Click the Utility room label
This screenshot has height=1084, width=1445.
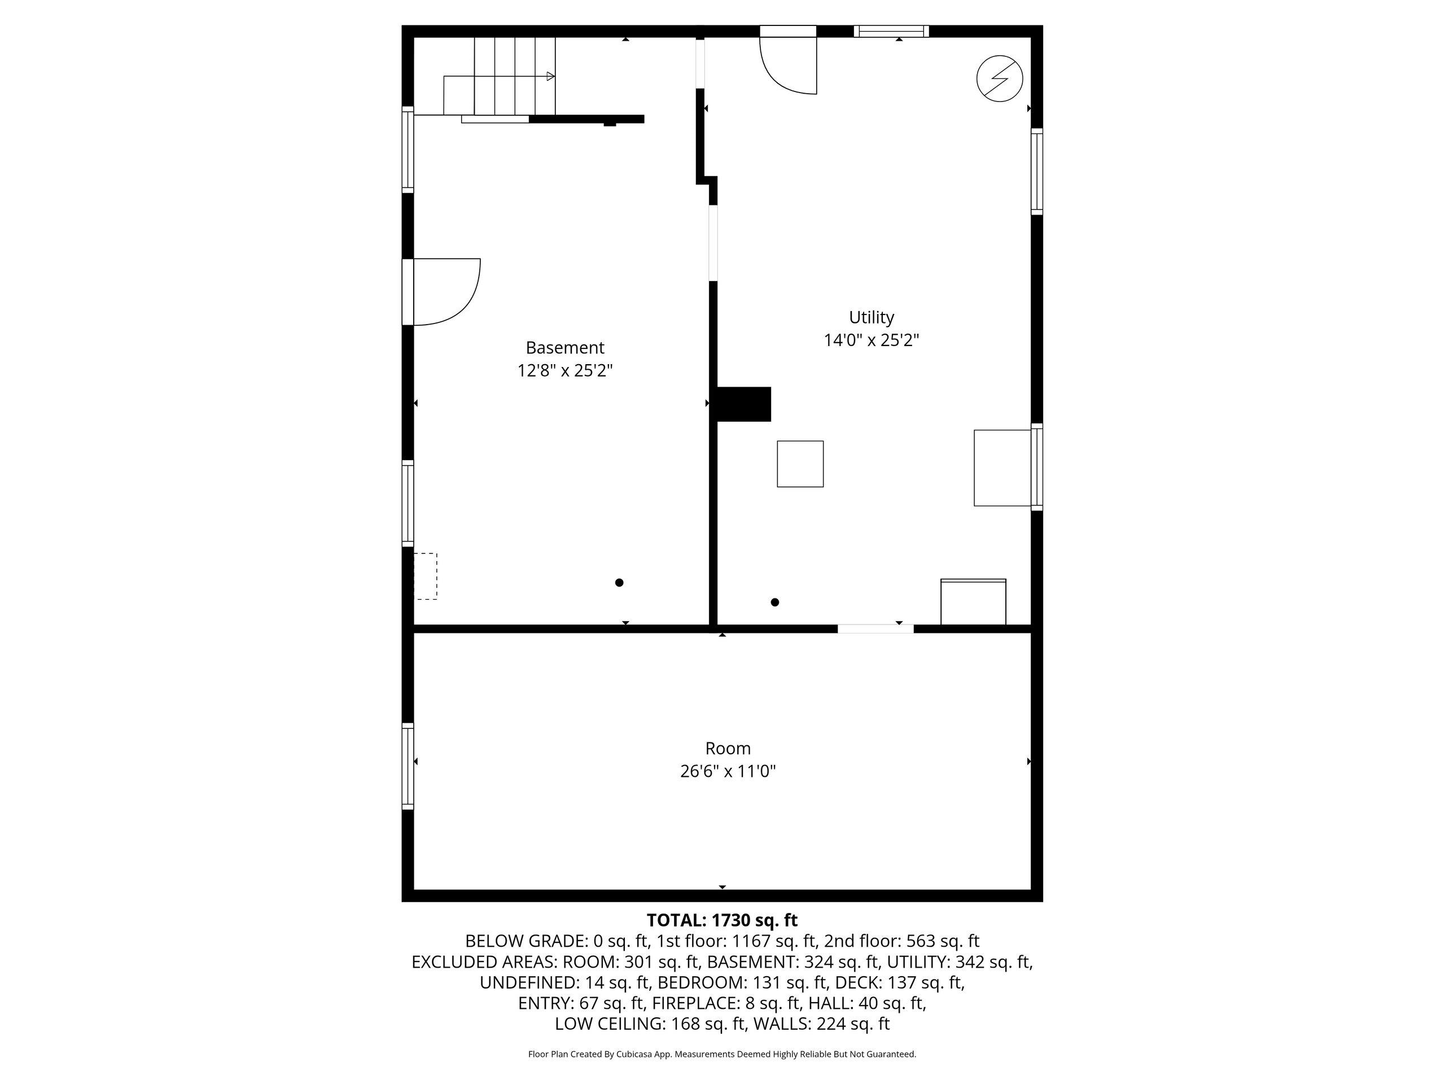pyautogui.click(x=872, y=317)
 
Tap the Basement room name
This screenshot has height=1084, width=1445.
pyautogui.click(x=565, y=348)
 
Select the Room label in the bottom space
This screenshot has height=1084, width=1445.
pyautogui.click(x=728, y=748)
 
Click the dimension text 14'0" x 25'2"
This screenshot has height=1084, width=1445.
pyautogui.click(x=872, y=340)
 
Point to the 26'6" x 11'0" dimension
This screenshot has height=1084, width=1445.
pyautogui.click(x=728, y=772)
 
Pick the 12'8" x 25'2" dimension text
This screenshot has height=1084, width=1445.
pyautogui.click(x=565, y=371)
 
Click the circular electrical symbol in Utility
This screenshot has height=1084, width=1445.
pyautogui.click(x=1000, y=79)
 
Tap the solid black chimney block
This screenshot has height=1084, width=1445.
pyautogui.click(x=744, y=404)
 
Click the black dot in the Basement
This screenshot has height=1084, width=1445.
pyautogui.click(x=619, y=583)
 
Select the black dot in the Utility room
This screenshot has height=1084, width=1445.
pyautogui.click(x=775, y=602)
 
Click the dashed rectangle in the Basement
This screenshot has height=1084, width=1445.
pyautogui.click(x=425, y=576)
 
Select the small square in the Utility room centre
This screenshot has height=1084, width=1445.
pyautogui.click(x=800, y=464)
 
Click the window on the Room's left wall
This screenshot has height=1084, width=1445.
pyautogui.click(x=408, y=767)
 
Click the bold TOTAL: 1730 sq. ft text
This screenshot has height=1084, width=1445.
pyautogui.click(x=722, y=920)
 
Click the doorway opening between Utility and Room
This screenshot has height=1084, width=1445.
pyautogui.click(x=875, y=628)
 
